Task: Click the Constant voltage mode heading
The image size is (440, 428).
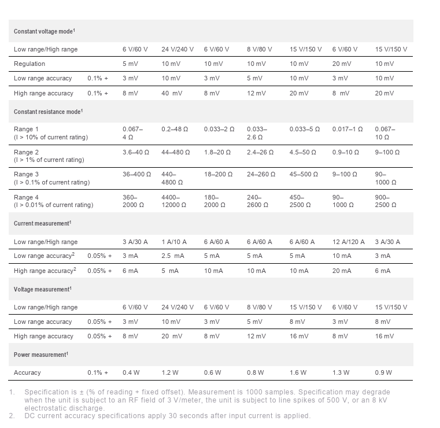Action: point(45,31)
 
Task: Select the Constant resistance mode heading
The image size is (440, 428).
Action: point(48,111)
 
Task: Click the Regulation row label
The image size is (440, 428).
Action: point(29,64)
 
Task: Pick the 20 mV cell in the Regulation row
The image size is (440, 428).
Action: point(341,64)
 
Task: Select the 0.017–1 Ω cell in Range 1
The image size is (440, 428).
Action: point(347,129)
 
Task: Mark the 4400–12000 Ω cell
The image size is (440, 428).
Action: point(175,201)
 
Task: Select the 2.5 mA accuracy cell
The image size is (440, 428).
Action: point(172,256)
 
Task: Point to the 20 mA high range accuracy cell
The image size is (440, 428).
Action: point(342,271)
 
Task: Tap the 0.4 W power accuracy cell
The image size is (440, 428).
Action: point(131,372)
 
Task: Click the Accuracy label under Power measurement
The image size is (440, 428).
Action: point(27,372)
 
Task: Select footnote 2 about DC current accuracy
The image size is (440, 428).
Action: point(168,415)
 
